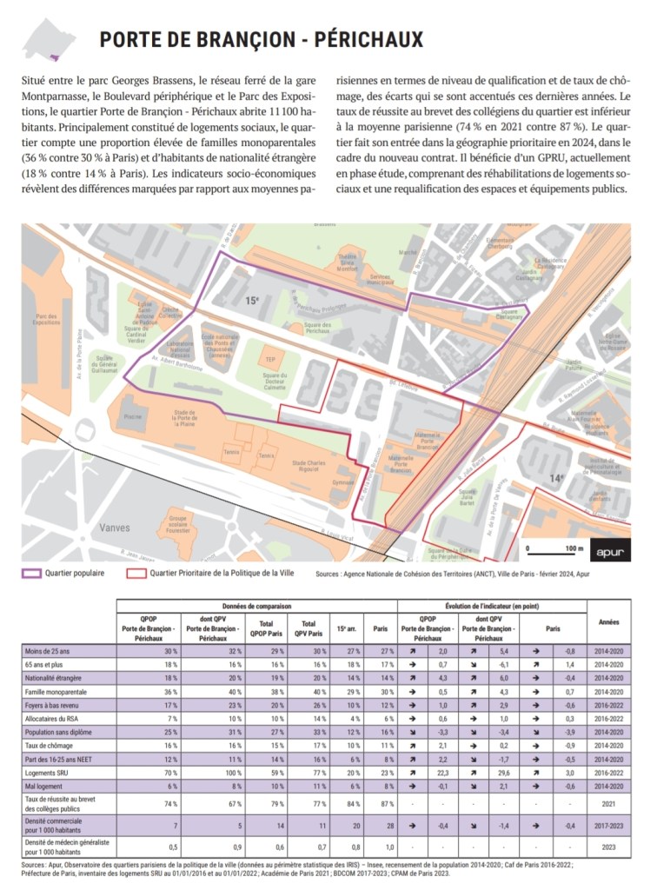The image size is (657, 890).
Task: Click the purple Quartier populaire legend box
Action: pyautogui.click(x=32, y=573)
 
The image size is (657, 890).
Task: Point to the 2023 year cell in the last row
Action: pyautogui.click(x=608, y=845)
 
